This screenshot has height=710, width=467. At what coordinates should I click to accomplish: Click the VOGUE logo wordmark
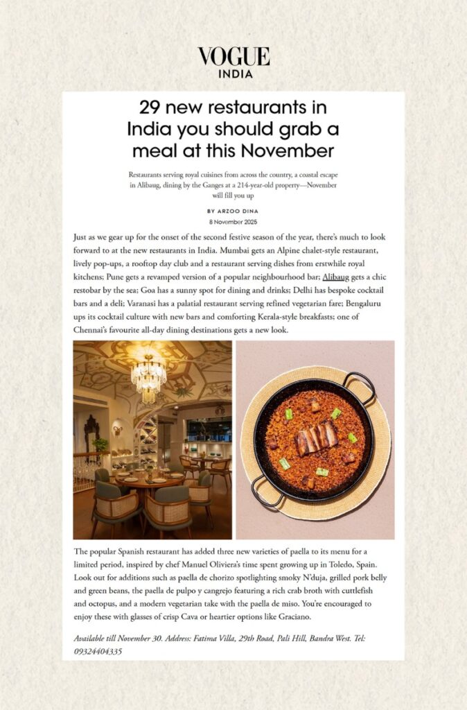tap(233, 57)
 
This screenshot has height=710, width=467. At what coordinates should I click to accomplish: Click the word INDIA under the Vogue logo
tap(233, 74)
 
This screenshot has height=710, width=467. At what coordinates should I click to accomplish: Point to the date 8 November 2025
tap(233, 221)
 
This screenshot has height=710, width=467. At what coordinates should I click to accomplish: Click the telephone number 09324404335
tap(98, 651)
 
